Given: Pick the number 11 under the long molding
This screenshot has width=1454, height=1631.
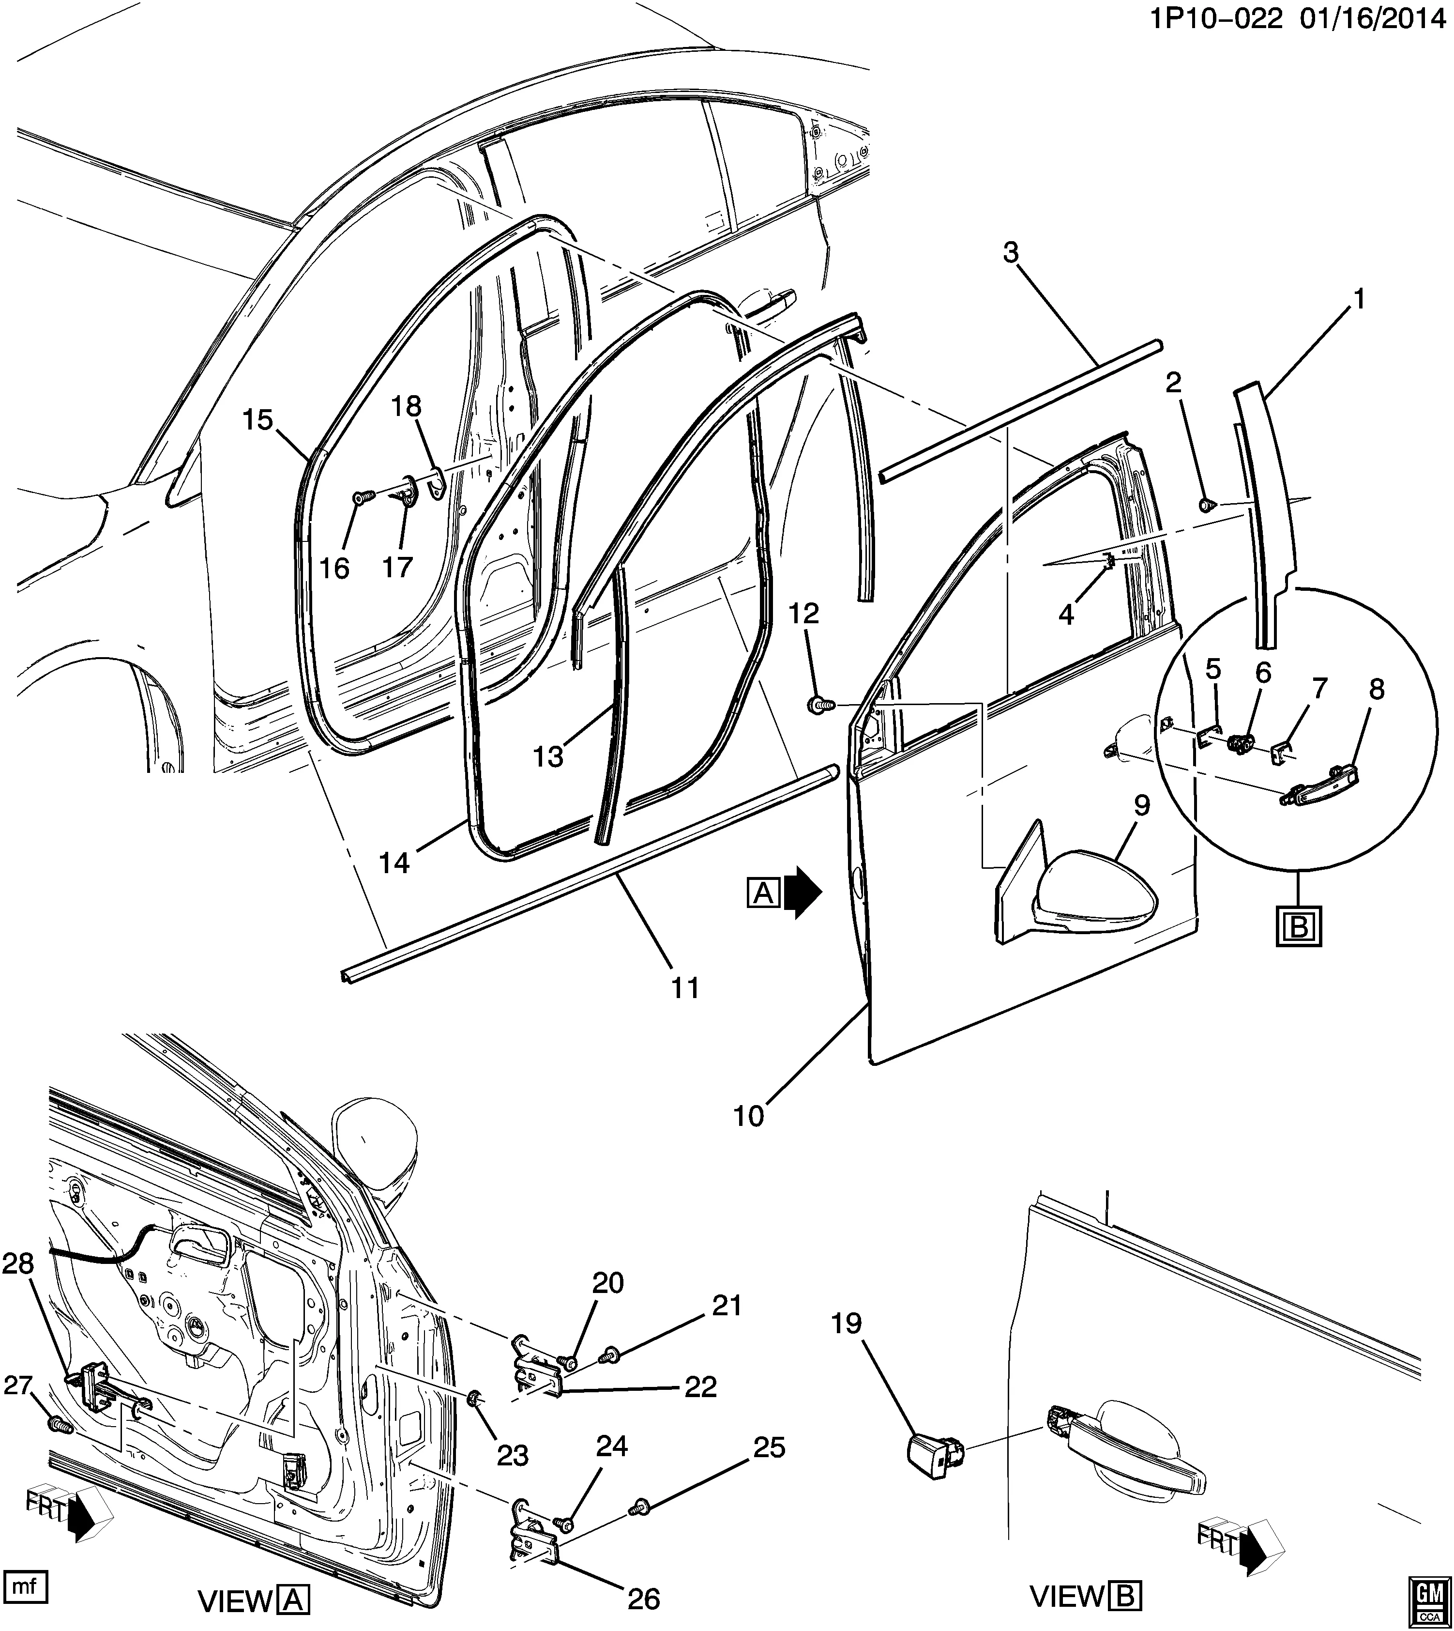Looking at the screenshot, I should [685, 988].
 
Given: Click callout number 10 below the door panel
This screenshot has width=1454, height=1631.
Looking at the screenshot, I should [749, 1116].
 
